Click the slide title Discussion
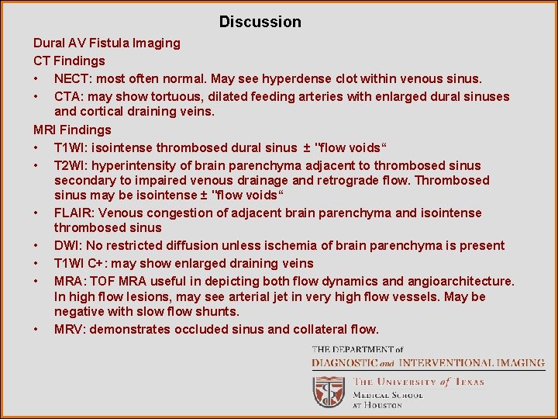click(260, 22)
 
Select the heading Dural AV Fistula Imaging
click(106, 43)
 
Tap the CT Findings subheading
click(69, 61)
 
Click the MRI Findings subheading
click(72, 130)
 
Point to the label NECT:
click(74, 78)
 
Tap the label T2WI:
click(72, 165)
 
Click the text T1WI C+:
click(83, 263)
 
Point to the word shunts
click(218, 311)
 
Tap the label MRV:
click(70, 329)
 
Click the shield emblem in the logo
click(329, 391)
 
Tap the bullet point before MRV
click(36, 329)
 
